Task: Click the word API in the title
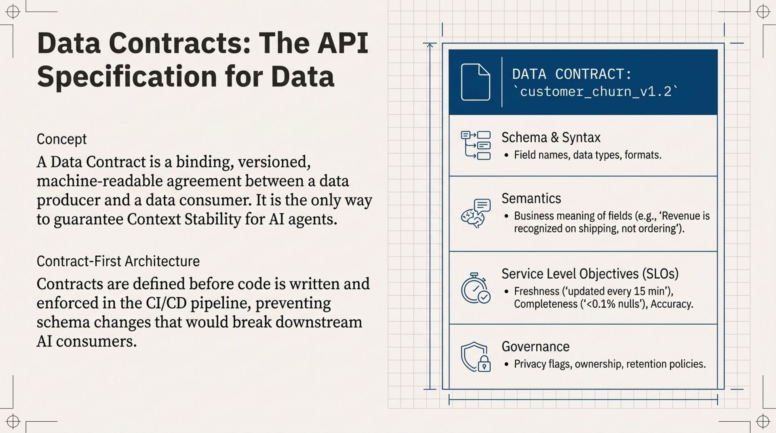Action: point(343,43)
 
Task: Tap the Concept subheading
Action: point(61,139)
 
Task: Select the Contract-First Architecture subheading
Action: point(118,261)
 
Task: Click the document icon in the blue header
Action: point(475,82)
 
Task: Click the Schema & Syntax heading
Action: point(551,138)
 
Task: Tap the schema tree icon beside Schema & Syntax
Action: point(476,145)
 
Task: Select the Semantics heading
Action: point(531,199)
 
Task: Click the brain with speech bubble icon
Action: point(476,213)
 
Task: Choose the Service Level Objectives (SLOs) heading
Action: point(590,274)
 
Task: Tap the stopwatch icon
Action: point(475,288)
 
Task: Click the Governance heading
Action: point(535,347)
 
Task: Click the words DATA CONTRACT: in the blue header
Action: point(571,74)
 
